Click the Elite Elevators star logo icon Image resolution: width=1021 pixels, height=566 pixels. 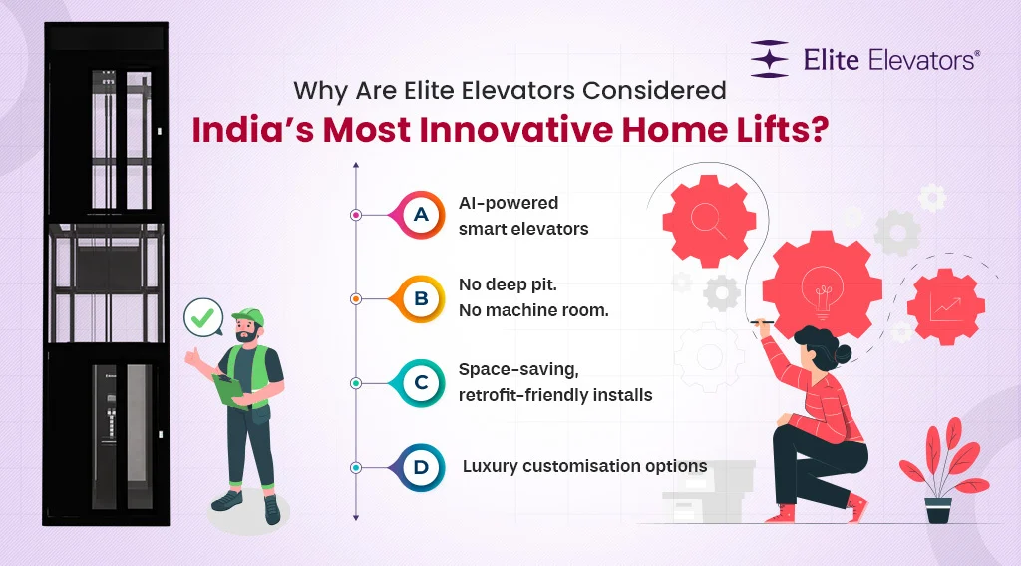770,59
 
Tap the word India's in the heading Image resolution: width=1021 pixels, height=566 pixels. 248,130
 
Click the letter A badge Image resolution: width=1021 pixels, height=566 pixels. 421,214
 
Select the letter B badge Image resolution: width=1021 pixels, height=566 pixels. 421,297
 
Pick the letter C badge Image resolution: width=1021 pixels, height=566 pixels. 421,382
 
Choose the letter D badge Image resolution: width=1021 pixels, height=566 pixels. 421,466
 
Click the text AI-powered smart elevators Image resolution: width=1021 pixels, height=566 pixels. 523,215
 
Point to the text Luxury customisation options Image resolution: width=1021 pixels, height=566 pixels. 584,466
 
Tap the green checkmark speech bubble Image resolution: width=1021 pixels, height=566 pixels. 203,319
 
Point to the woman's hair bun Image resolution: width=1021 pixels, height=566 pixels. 844,353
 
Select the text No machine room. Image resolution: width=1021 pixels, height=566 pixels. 533,310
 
